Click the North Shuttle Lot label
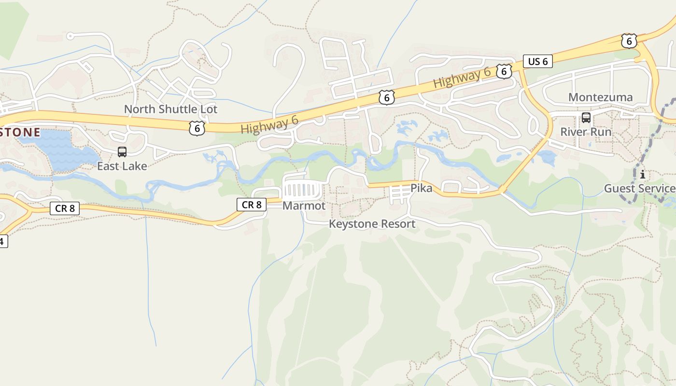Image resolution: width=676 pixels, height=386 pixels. point(170,109)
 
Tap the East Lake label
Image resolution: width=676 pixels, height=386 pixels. point(122,166)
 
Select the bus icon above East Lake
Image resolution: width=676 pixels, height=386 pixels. point(122,152)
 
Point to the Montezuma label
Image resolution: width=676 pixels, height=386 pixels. point(600,97)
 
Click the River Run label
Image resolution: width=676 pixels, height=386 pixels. point(586,132)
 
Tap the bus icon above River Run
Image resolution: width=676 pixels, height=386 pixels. point(586,117)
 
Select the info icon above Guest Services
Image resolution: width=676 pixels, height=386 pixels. point(642,174)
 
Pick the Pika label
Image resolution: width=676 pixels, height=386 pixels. point(421,188)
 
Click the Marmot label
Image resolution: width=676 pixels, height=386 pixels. point(304,206)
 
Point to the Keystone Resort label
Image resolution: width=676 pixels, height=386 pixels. point(372,224)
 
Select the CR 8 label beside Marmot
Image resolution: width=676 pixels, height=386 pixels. point(252,205)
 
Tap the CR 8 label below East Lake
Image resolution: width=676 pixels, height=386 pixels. point(65,208)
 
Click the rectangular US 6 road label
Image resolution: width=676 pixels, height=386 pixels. point(538,61)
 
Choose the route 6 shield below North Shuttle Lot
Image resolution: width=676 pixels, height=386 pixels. point(197,128)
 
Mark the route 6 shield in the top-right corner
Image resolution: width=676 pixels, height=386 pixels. point(629,41)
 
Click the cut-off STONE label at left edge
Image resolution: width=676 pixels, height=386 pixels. point(19,132)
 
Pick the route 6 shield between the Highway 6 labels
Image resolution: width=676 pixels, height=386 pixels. point(386,97)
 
